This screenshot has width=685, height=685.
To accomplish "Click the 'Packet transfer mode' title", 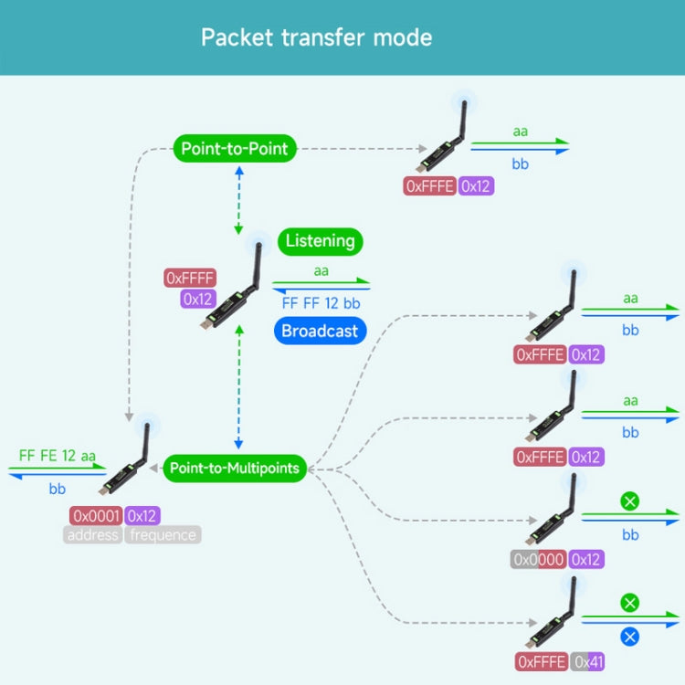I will [316, 38].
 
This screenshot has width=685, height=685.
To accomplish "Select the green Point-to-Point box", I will [235, 149].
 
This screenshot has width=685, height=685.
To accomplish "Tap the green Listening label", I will [320, 241].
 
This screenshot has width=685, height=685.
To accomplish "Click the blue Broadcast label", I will [320, 331].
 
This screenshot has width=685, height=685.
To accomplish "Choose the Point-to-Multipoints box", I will [235, 469].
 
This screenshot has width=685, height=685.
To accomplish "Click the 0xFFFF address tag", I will [190, 278].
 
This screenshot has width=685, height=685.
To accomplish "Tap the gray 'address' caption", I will [93, 535].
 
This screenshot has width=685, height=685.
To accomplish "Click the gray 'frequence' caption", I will [163, 535].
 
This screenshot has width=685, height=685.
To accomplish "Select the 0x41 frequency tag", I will [588, 661].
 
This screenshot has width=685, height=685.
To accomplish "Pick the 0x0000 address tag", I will [539, 559].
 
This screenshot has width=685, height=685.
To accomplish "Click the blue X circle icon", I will [630, 637].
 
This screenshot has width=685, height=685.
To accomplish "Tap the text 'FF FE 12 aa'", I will [57, 455].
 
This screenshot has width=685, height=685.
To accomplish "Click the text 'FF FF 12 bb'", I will [321, 302].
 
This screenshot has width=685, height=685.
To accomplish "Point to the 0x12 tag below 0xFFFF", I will [198, 299].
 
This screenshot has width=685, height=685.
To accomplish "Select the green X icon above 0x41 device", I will [630, 603].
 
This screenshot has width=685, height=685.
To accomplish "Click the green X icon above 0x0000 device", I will [630, 501].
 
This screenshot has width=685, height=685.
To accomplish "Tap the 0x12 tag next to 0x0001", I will [143, 515].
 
